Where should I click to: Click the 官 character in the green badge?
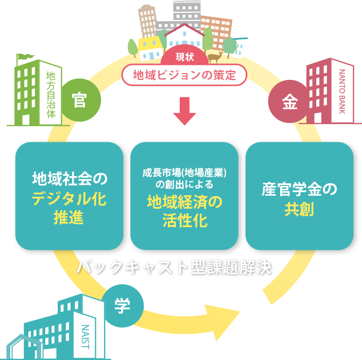(80, 100)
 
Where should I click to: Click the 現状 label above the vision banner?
(184, 57)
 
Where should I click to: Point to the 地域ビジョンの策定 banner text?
(184, 75)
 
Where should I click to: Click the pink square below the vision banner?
(184, 111)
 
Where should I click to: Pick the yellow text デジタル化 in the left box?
(69, 199)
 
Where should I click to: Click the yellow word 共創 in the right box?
(299, 210)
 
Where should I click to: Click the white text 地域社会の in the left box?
(69, 179)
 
